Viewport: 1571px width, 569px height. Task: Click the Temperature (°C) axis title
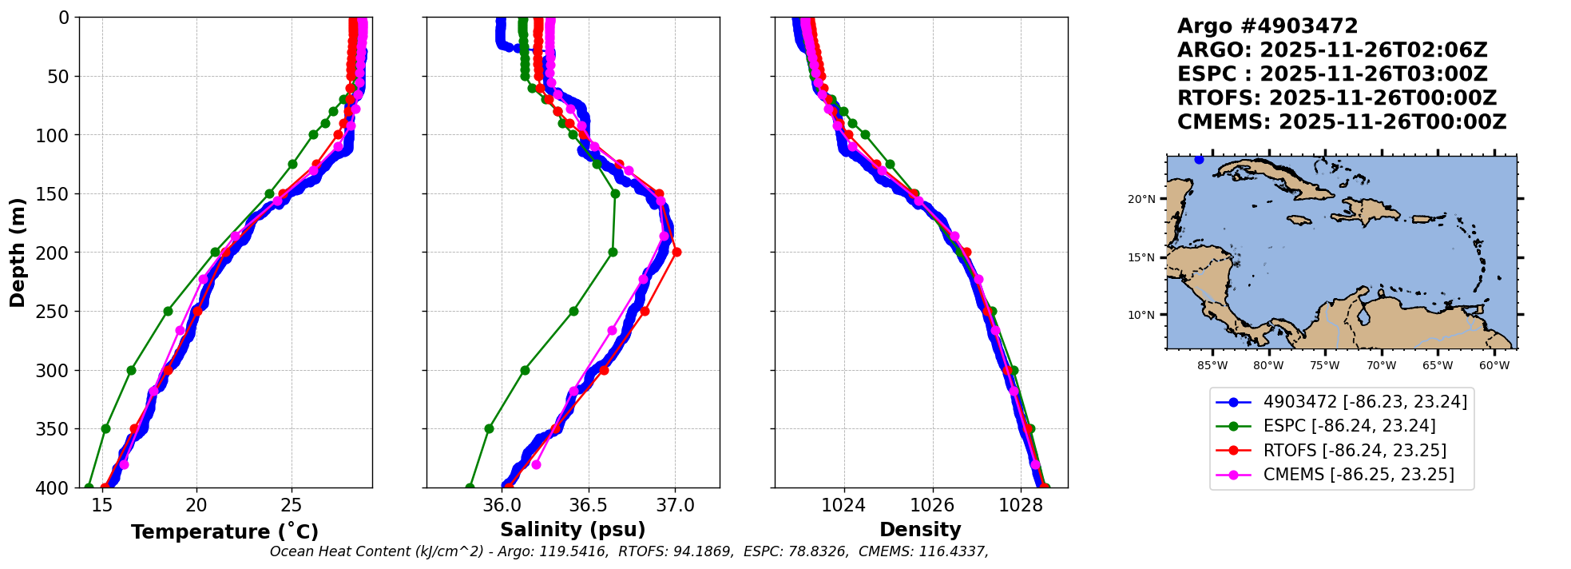[x=224, y=532]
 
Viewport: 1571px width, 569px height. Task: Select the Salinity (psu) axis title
[x=573, y=530]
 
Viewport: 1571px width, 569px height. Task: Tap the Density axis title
[x=920, y=530]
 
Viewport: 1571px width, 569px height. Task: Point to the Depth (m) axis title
[x=18, y=253]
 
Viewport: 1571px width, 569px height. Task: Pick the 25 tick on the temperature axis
[x=292, y=505]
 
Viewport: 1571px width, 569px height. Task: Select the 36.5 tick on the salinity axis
[x=589, y=505]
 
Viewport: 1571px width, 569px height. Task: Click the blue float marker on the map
[x=1199, y=160]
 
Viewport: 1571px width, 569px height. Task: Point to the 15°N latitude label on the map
[x=1141, y=257]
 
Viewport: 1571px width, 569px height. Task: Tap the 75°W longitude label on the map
[x=1324, y=366]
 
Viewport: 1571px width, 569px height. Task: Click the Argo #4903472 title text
[x=1268, y=26]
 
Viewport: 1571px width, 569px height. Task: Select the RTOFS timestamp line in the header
[x=1337, y=98]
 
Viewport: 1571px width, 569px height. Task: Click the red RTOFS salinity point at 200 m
[x=676, y=253]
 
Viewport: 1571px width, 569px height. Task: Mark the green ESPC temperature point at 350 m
[x=105, y=428]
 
